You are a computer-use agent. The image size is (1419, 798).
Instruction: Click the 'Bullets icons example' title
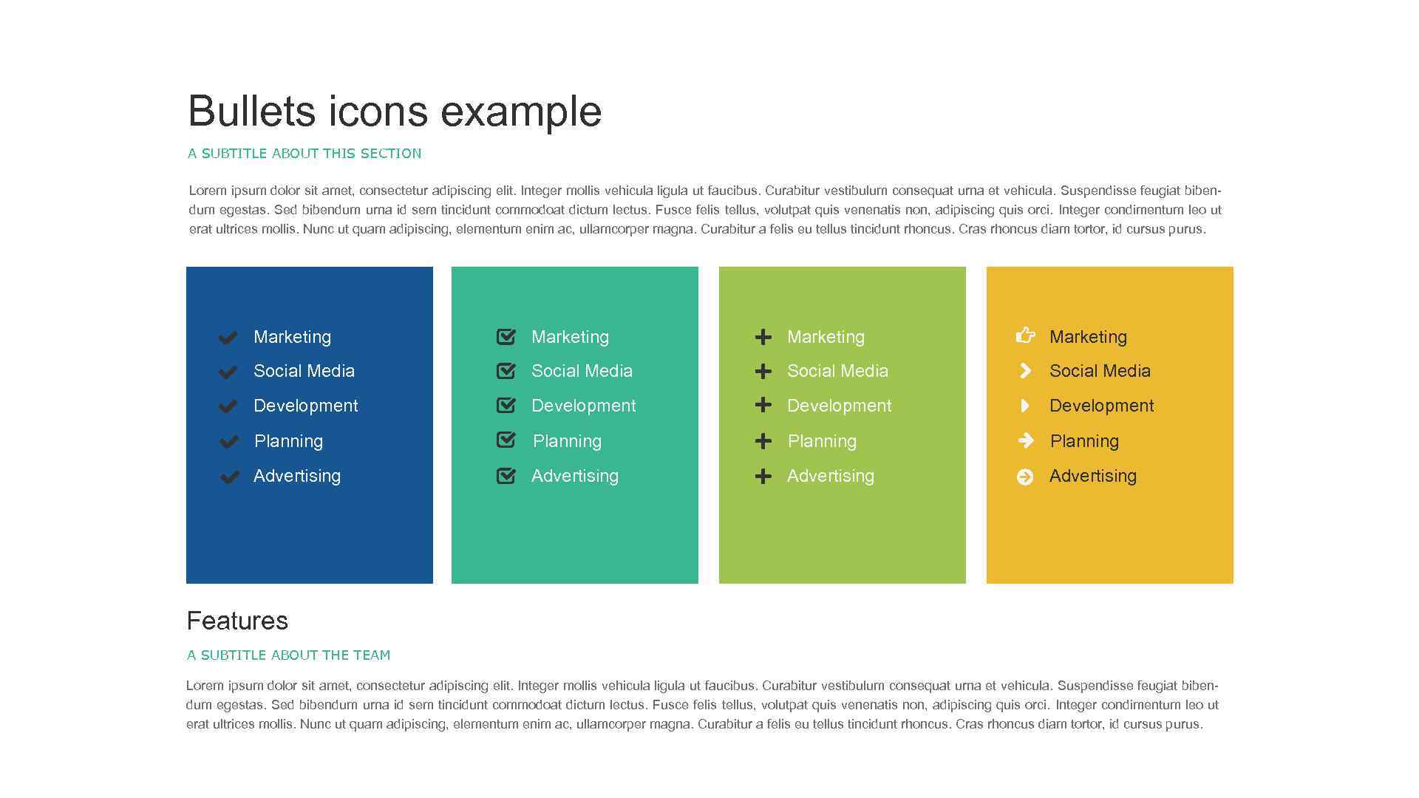[395, 112]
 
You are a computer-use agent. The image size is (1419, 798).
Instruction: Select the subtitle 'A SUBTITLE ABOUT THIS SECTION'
[304, 154]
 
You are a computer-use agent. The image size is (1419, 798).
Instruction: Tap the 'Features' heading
[237, 621]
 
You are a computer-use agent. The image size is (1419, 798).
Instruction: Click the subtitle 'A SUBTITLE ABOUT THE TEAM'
[288, 655]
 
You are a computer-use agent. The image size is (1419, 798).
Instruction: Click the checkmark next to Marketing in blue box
[228, 338]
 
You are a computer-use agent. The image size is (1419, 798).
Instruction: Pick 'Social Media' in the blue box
[304, 371]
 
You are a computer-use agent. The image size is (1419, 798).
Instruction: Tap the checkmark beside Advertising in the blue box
[229, 477]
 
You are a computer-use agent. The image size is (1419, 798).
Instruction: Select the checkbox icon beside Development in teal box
[506, 405]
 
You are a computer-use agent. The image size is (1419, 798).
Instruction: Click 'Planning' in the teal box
[567, 441]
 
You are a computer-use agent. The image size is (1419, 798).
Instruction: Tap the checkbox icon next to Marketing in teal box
[506, 337]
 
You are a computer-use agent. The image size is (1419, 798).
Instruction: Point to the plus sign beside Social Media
[763, 371]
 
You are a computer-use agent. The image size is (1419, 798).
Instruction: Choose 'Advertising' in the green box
[830, 476]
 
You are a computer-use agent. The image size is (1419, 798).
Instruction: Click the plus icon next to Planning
[763, 441]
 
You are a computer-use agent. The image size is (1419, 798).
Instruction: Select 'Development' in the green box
[839, 406]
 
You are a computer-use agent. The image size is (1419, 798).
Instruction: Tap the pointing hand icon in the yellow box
[1025, 335]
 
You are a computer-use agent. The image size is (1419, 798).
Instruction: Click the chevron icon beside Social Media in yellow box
[1025, 371]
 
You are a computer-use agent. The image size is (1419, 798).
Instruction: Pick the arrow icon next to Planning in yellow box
[1025, 441]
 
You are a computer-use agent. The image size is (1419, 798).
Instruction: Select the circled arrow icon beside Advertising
[1025, 477]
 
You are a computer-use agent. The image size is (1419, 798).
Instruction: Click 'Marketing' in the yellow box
[1088, 337]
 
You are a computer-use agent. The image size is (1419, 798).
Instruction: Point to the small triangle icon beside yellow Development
[1024, 406]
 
